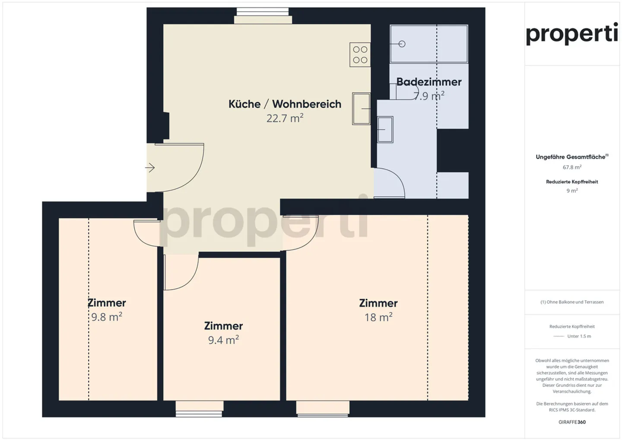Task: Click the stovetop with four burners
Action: (x=360, y=55)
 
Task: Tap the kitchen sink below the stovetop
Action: (x=361, y=109)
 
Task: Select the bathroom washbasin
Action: (x=385, y=130)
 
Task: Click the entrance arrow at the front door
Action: (x=150, y=168)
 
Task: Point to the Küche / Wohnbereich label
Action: (x=285, y=104)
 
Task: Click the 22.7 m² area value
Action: (x=285, y=118)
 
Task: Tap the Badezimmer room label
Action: (x=428, y=82)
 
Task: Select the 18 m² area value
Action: (x=378, y=317)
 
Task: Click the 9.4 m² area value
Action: (x=223, y=340)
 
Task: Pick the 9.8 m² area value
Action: (x=107, y=317)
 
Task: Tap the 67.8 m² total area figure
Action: (x=572, y=167)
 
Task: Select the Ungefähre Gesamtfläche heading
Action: (x=571, y=157)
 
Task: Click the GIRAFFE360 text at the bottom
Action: (x=572, y=422)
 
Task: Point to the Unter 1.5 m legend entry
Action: (x=579, y=336)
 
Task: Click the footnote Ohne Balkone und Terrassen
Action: (x=572, y=302)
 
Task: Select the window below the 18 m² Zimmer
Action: (x=323, y=408)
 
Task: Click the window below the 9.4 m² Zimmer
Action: (x=199, y=408)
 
